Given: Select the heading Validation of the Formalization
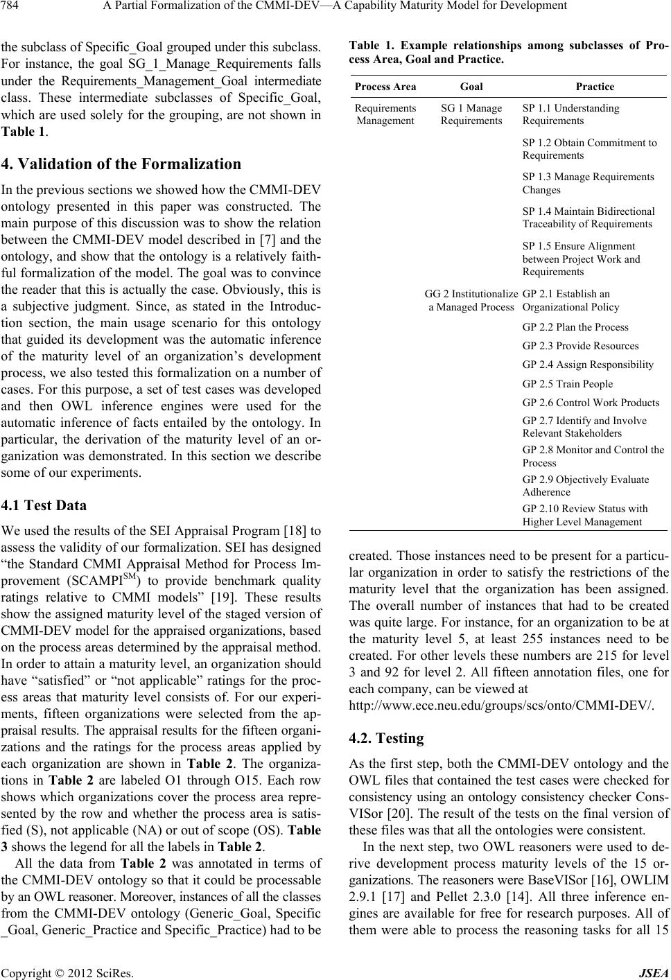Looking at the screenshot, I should click(121, 164).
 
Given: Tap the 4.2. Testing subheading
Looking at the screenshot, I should click(386, 738).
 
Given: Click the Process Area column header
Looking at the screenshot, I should click(385, 87).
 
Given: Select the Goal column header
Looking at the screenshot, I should click(471, 87).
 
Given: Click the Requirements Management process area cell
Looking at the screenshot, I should click(385, 114).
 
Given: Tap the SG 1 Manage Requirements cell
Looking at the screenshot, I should click(471, 114).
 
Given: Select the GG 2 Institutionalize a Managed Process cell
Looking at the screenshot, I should click(471, 299).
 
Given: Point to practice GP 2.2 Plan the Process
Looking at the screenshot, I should click(566, 327).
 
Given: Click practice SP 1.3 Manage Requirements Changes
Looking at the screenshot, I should click(588, 183).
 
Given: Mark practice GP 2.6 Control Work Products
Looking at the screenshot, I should click(591, 403).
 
